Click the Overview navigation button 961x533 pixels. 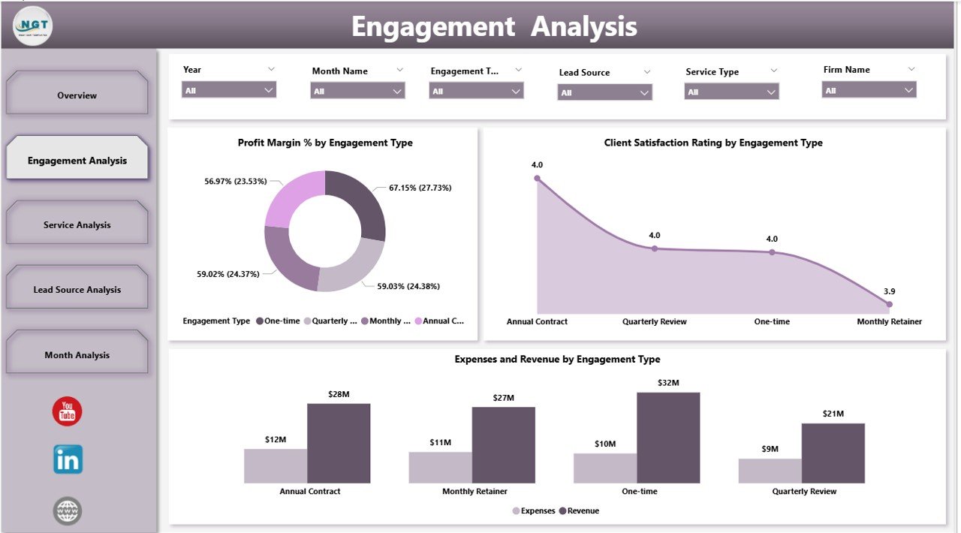(77, 95)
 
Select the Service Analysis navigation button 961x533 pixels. (77, 224)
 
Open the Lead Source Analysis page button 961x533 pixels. (77, 290)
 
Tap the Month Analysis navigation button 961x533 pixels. (77, 355)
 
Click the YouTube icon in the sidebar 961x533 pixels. (68, 411)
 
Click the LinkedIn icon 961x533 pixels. (68, 459)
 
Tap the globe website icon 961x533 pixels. (68, 511)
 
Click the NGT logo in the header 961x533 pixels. (33, 26)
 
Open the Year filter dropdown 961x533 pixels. (229, 90)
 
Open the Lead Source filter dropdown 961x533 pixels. (604, 92)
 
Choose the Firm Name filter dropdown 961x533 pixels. (869, 90)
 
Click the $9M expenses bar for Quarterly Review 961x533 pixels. (770, 471)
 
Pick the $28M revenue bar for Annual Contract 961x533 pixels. (339, 443)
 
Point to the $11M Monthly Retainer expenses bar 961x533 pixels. (440, 467)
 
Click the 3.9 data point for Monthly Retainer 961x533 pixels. (889, 304)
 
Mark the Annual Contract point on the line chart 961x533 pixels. (537, 179)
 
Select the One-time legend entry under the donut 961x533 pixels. (278, 321)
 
